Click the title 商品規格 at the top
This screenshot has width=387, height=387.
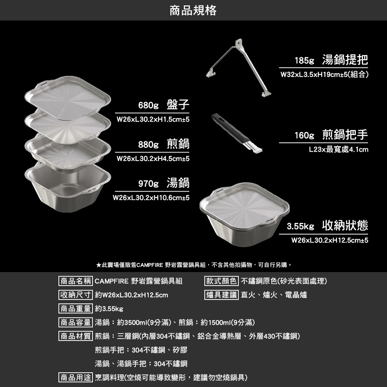point(193,10)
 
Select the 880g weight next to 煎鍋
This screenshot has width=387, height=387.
point(149,145)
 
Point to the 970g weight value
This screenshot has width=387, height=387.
point(149,183)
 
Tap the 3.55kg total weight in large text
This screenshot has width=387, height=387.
point(300,226)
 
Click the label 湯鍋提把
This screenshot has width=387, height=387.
point(345,60)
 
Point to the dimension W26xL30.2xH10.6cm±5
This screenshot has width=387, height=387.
point(151,198)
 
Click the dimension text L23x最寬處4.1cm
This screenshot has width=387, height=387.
point(338,149)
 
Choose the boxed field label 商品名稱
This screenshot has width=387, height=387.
point(75,281)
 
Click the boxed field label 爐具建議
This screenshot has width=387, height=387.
point(221,295)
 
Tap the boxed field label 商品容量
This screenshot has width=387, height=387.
point(75,322)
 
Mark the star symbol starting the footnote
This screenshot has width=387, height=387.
point(99,265)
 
